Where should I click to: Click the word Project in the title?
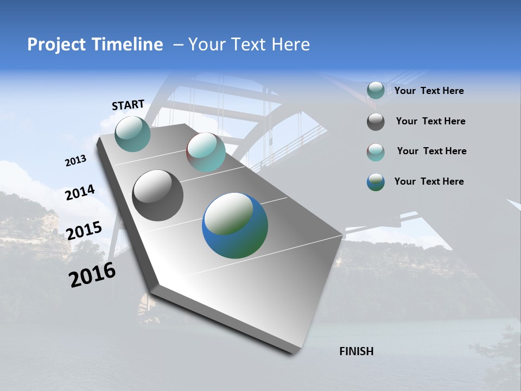coord(54,45)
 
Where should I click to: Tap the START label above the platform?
coord(128,105)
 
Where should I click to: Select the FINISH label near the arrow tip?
coord(357,351)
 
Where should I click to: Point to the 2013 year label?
coord(75,161)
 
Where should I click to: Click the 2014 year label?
coord(80,193)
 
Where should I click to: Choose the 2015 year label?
coord(84,231)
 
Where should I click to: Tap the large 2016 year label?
coord(92,275)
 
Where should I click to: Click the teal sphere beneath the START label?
coord(132,134)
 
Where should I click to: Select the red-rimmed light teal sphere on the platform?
coord(206,152)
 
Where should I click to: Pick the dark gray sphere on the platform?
coord(158,195)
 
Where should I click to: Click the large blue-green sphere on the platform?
coord(235,225)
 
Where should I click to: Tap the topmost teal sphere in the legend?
coord(376,91)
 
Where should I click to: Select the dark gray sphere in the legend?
coord(376,122)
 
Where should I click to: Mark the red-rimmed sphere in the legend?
coord(376,152)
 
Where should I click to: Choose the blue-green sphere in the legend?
coord(376,182)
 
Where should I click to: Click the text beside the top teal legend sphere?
coord(429,91)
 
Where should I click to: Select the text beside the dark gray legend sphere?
coord(430,121)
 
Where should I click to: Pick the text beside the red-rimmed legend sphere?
coord(431,151)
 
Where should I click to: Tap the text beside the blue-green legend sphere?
coord(429,181)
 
